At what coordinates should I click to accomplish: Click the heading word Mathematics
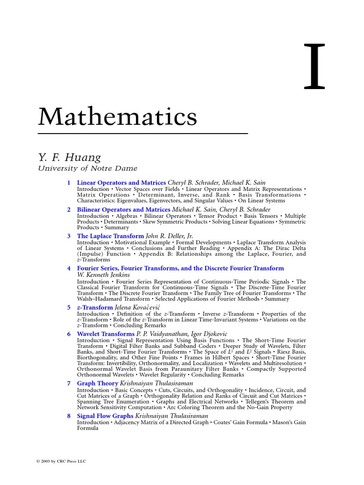(x=118, y=116)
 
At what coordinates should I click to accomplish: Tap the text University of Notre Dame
(x=88, y=168)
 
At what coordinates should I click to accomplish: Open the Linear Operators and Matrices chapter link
(x=121, y=182)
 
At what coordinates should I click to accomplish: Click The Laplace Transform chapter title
(x=110, y=236)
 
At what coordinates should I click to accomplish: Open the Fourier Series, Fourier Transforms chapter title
(x=180, y=268)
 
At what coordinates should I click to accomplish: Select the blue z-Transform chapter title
(x=95, y=307)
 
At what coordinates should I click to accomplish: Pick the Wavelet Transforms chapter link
(x=106, y=334)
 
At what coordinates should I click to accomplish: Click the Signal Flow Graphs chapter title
(x=105, y=416)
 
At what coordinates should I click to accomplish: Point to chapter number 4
(x=69, y=268)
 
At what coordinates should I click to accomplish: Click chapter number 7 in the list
(x=69, y=383)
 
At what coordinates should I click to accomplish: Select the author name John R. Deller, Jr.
(x=169, y=236)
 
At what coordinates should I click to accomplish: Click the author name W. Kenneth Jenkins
(x=103, y=275)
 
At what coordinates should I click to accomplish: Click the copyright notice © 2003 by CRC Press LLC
(x=62, y=461)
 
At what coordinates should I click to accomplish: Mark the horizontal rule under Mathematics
(x=143, y=134)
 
